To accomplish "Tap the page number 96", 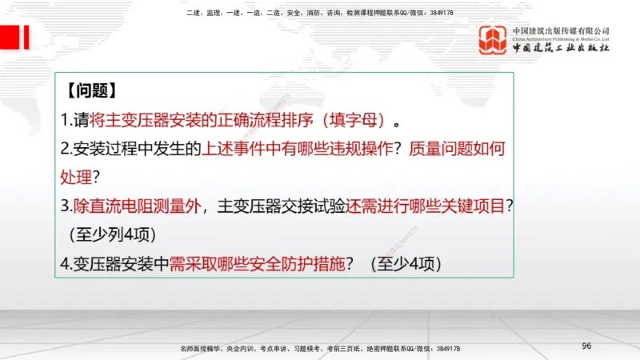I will point(586,345).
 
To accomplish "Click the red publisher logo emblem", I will point(494,40).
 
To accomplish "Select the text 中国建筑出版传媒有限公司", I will point(561,31).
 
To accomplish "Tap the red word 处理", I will point(76,176).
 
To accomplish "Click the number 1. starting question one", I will point(66,120).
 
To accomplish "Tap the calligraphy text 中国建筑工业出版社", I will point(561,49).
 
